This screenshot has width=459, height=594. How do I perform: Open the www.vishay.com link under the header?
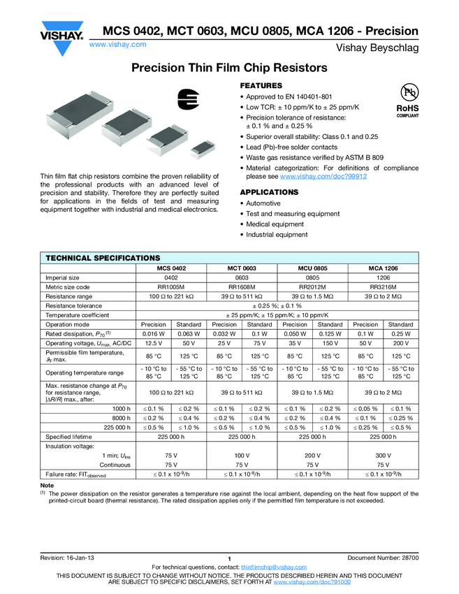[118, 44]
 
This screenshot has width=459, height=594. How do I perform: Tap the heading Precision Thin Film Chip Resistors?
[230, 68]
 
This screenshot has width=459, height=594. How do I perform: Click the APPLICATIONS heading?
[269, 191]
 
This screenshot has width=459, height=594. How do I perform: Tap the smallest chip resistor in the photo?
[203, 147]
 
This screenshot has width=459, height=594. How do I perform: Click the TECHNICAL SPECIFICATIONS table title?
[103, 258]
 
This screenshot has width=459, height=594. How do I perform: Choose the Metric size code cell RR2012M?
[312, 287]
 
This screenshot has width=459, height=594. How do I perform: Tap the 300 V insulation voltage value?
[383, 454]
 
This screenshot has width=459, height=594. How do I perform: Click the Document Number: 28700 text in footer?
[383, 558]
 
